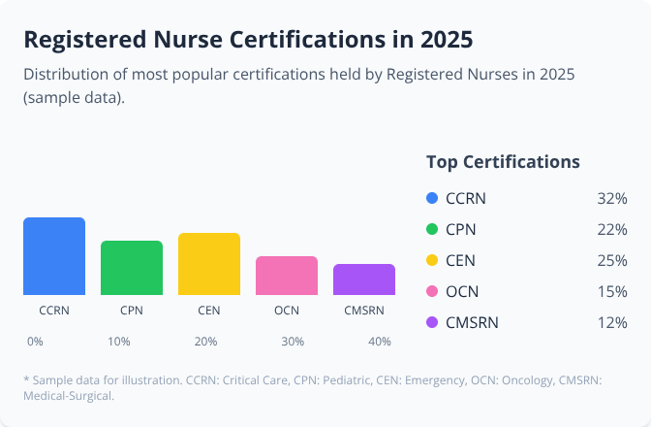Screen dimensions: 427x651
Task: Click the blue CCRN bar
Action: (x=54, y=256)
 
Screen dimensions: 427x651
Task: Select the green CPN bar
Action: (x=132, y=268)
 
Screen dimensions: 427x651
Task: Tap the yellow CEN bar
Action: (x=209, y=264)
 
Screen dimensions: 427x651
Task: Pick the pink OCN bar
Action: (x=287, y=276)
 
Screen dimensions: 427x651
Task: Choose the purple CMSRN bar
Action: (x=364, y=279)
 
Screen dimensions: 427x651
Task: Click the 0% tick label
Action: (x=35, y=342)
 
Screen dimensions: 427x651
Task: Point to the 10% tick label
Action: (x=119, y=342)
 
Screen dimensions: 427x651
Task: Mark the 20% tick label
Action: (x=205, y=342)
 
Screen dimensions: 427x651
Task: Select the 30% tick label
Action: (x=293, y=342)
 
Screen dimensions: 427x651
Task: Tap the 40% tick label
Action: (x=380, y=342)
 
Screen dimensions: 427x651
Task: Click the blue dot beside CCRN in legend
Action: (x=432, y=199)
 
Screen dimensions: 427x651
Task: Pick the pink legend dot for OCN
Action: (x=432, y=291)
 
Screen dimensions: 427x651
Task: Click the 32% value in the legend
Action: (x=612, y=199)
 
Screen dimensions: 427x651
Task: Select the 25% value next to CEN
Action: (x=612, y=260)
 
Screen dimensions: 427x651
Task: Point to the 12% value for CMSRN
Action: (x=612, y=322)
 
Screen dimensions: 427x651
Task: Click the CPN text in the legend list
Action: (x=461, y=230)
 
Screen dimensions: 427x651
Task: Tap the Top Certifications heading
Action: (x=503, y=162)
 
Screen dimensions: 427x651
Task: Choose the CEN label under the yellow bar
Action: (x=209, y=311)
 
